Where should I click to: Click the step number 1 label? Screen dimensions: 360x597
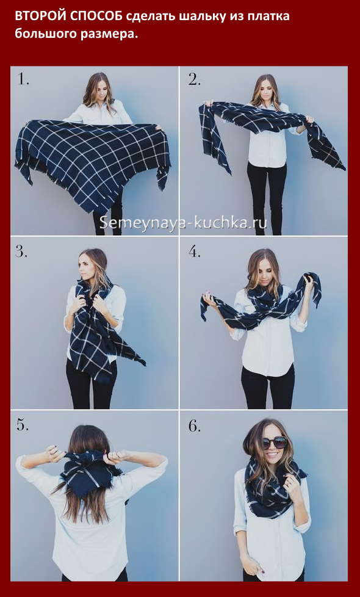[x=23, y=79]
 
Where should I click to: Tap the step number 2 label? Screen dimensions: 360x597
[x=195, y=79]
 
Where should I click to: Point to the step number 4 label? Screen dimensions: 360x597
[x=195, y=251]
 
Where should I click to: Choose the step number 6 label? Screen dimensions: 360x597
[x=195, y=425]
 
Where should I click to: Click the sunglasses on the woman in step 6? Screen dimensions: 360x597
[x=273, y=442]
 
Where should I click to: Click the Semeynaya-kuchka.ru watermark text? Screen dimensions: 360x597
[x=183, y=222]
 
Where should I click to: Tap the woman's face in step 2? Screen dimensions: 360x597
[x=267, y=90]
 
